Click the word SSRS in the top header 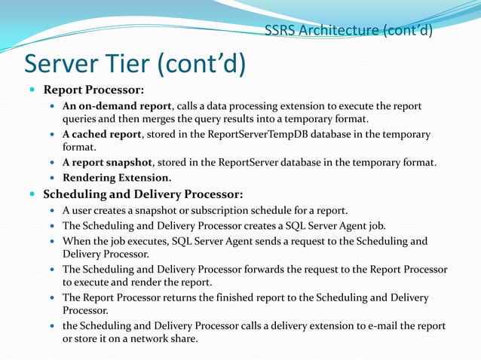(280, 31)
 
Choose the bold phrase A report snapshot (111, 163)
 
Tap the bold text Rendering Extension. (117, 178)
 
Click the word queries (81, 119)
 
